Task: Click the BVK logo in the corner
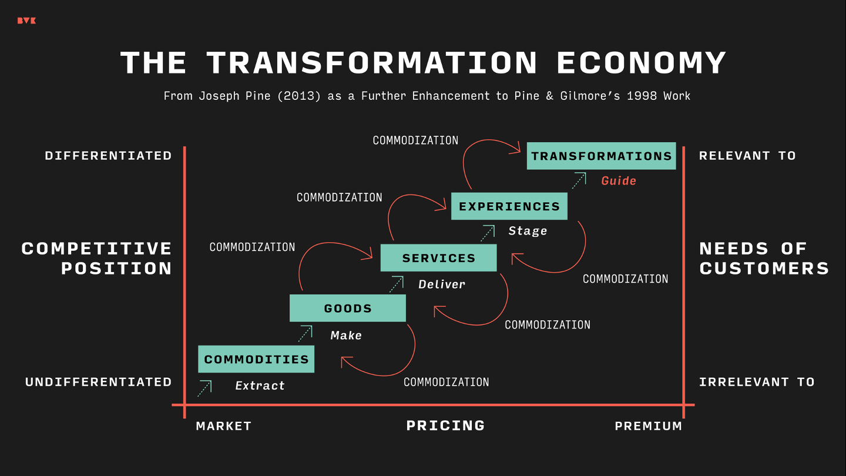26,21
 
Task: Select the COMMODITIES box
256,359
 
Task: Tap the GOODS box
348,309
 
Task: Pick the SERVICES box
438,258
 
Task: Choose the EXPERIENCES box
509,206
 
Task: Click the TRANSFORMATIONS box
601,156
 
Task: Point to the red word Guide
619,181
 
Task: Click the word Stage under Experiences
528,231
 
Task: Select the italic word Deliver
442,284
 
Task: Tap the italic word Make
346,336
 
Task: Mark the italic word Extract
260,386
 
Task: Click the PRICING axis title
445,425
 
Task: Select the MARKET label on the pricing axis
223,426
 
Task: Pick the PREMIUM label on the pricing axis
649,426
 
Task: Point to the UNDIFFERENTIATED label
99,382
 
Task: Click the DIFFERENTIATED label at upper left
109,156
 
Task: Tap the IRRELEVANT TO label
757,382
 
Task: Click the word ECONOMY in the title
642,62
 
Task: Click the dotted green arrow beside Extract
204,388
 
